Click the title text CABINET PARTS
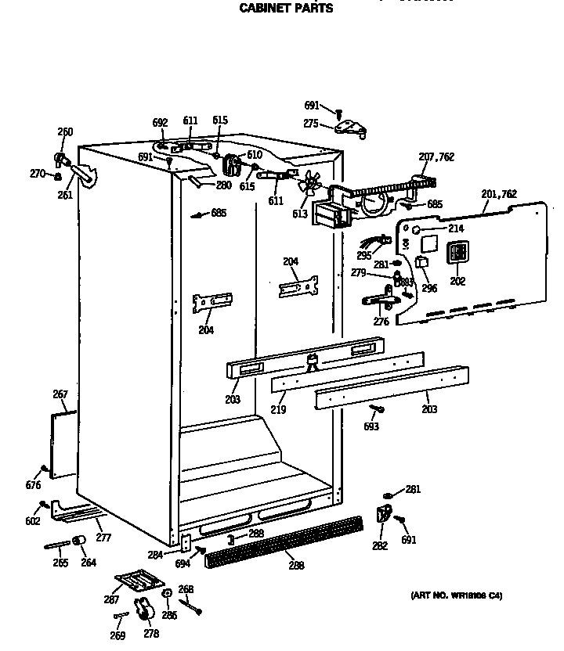[x=285, y=9]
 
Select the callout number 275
[x=311, y=123]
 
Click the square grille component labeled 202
[x=457, y=252]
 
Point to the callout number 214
[x=455, y=228]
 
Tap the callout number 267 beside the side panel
[x=60, y=394]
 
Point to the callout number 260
[x=65, y=131]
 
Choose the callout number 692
[x=160, y=122]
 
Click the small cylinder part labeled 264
[x=78, y=542]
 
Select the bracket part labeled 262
[x=384, y=513]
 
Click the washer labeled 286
[x=167, y=594]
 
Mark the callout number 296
[x=429, y=287]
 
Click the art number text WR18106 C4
[x=457, y=595]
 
